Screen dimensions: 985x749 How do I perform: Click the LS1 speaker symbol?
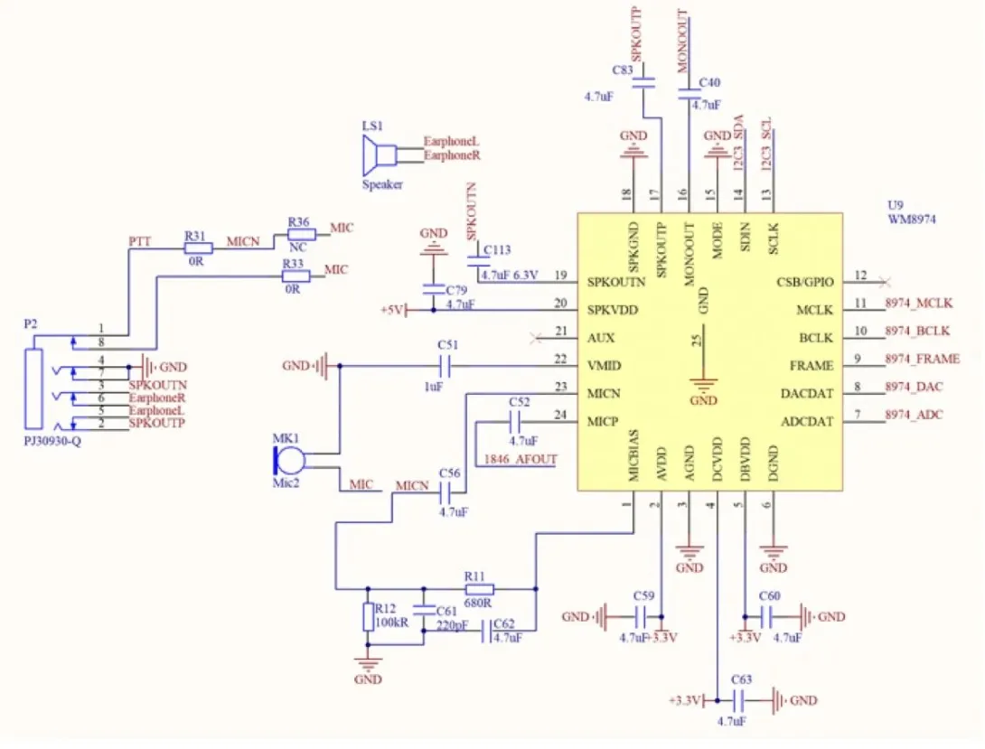click(379, 155)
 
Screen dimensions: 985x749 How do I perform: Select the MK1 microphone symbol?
click(289, 461)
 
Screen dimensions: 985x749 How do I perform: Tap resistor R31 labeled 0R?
click(199, 248)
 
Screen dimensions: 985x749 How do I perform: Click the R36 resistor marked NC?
click(302, 235)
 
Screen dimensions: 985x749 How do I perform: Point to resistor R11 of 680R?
click(479, 589)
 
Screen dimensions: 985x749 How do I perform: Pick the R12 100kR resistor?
click(368, 616)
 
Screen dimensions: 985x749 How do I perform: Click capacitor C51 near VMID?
click(446, 365)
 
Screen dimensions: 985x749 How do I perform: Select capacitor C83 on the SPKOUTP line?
click(643, 81)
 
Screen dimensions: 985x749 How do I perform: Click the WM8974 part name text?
click(912, 220)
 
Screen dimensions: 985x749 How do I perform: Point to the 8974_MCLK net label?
click(918, 304)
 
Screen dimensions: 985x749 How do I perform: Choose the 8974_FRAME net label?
click(922, 359)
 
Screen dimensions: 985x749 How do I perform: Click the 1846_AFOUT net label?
click(521, 459)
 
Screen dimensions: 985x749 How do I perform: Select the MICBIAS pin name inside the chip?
click(633, 455)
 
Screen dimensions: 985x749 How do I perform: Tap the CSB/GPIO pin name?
click(804, 282)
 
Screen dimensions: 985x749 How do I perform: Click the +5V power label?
click(391, 310)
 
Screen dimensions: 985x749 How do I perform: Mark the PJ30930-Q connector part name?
click(52, 441)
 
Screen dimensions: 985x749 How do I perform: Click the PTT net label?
click(139, 242)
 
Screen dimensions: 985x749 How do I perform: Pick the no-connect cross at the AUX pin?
click(535, 339)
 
